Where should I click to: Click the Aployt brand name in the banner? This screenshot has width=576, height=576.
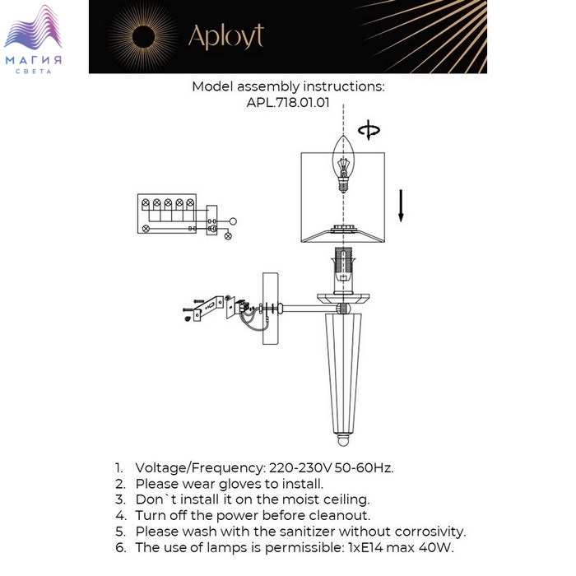coord(226,37)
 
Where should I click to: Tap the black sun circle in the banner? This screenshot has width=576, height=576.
coord(143,37)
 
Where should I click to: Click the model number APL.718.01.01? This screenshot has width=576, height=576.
coord(288,102)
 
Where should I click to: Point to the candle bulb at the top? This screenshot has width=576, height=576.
coord(343,164)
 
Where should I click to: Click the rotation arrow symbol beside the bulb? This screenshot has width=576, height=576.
coord(369,130)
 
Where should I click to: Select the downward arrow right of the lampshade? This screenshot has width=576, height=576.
coord(402,206)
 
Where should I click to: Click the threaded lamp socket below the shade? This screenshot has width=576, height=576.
coord(343,271)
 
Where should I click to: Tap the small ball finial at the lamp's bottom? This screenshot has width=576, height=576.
coord(343,440)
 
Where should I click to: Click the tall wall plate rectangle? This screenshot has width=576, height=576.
coord(271,309)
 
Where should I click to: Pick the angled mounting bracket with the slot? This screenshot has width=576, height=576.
coord(208,309)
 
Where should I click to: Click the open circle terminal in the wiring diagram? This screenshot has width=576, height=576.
coord(233,221)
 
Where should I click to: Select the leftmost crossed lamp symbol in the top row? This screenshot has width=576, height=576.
coord(146,202)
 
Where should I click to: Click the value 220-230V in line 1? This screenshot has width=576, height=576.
coord(300,467)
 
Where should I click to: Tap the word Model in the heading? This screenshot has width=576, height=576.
coord(212,86)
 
